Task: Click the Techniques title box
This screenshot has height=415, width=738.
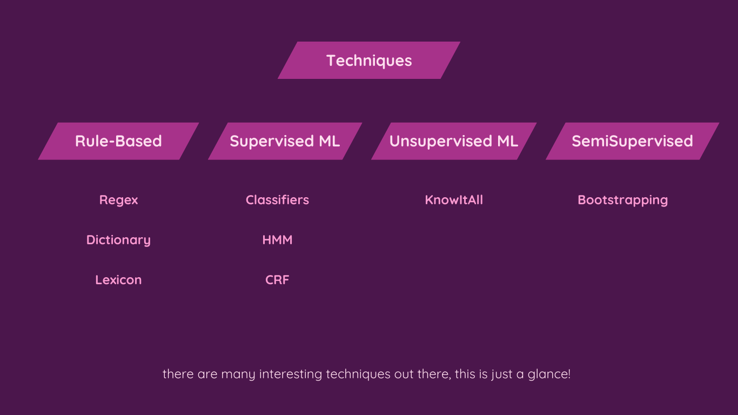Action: tap(369, 61)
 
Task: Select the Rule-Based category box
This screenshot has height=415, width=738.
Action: tap(119, 141)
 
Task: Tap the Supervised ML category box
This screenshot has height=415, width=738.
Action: tap(285, 141)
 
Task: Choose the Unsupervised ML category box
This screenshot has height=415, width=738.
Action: tap(454, 141)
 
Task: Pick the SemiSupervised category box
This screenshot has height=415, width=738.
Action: tap(633, 141)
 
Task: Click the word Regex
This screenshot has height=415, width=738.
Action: tap(119, 200)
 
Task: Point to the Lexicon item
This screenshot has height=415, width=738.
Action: tap(119, 280)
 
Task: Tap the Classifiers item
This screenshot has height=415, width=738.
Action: tap(277, 200)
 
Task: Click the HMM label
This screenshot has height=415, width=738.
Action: tap(277, 240)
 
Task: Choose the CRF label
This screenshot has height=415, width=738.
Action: tap(277, 280)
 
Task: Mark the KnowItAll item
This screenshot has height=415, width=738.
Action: tap(454, 200)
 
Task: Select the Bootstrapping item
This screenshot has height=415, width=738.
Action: tap(623, 200)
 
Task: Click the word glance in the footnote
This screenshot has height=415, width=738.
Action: tap(548, 374)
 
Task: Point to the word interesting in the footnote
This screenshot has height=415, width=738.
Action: tap(291, 374)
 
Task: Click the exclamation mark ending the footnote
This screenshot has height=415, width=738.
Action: tap(569, 374)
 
